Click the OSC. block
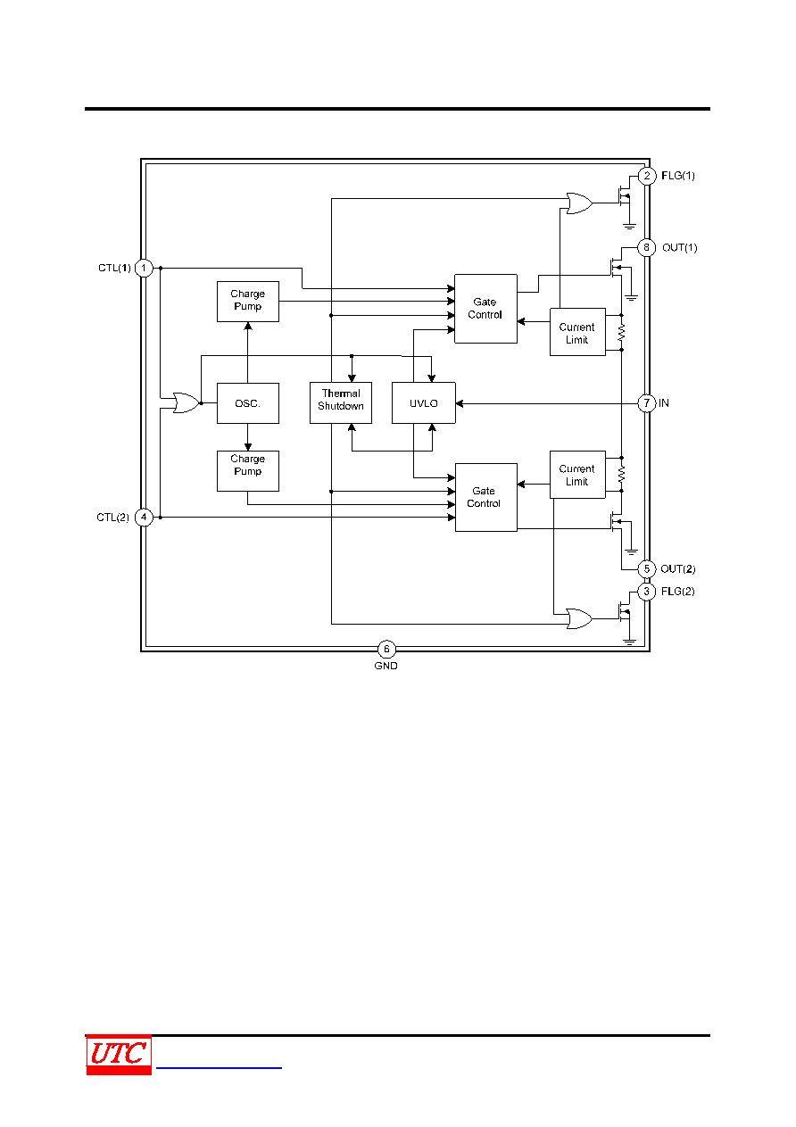[247, 403]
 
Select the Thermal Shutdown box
[341, 402]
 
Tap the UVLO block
[424, 402]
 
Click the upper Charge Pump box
[247, 302]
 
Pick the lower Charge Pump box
[247, 471]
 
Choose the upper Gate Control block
[485, 309]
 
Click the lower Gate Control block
[486, 497]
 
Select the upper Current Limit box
[577, 332]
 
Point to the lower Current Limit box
[577, 475]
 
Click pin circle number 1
[144, 268]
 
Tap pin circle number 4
[144, 518]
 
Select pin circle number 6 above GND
[386, 649]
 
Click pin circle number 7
[647, 403]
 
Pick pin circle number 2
[647, 176]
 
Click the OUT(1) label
[679, 247]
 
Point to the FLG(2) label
[677, 592]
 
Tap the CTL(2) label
[112, 518]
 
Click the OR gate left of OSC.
[187, 403]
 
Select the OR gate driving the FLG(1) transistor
[579, 203]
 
